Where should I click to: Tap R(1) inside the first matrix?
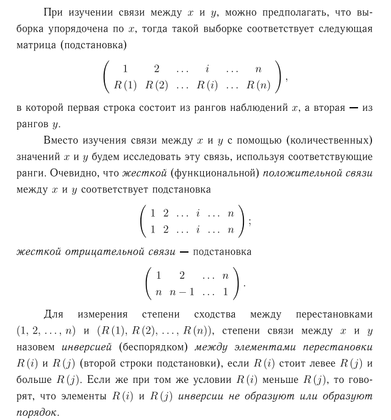pyautogui.click(x=126, y=85)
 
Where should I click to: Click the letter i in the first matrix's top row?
pyautogui.click(x=208, y=69)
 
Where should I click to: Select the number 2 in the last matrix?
pyautogui.click(x=181, y=275)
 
